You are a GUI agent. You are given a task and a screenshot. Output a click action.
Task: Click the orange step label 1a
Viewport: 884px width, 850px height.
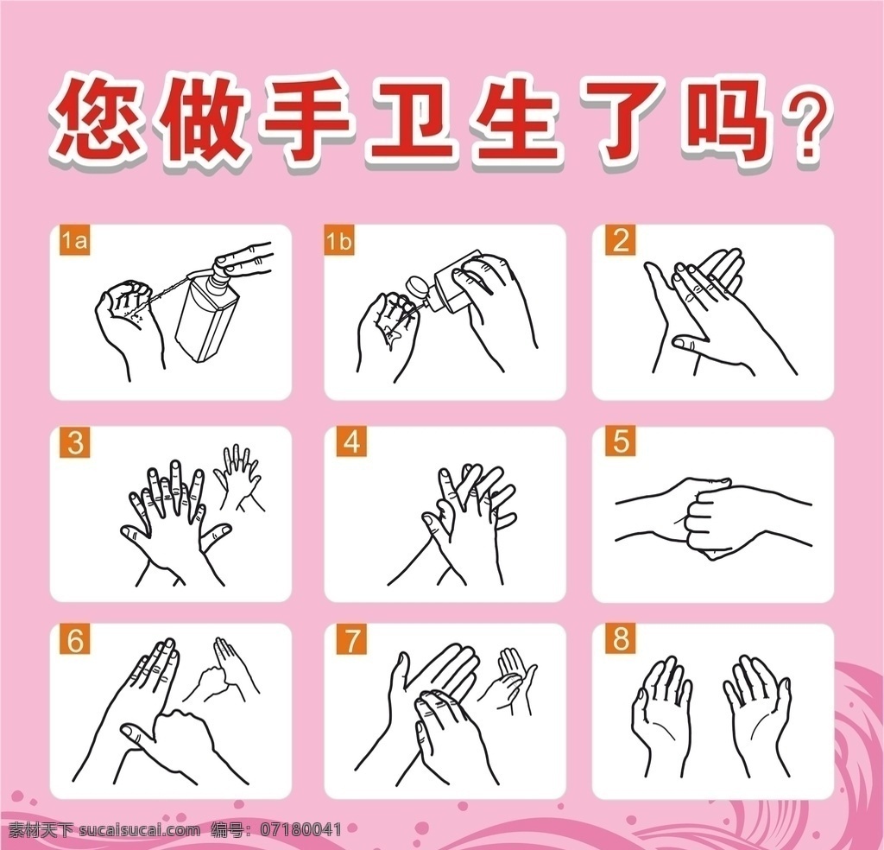point(75,241)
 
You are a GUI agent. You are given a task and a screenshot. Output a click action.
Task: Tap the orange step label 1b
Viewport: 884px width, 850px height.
point(338,241)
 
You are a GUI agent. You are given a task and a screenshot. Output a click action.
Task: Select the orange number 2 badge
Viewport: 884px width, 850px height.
point(620,241)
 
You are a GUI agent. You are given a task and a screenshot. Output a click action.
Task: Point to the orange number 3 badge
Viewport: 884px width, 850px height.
point(75,442)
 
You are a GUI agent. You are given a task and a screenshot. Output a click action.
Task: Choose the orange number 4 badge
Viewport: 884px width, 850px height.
point(351,441)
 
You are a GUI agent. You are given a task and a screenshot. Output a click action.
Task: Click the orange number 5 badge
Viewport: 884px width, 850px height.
point(620,441)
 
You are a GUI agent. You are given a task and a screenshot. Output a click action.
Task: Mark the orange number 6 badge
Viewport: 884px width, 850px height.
point(75,640)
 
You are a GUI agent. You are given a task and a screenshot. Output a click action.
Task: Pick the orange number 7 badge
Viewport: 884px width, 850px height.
point(351,640)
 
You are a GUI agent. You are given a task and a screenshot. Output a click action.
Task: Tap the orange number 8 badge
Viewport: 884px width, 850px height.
point(620,639)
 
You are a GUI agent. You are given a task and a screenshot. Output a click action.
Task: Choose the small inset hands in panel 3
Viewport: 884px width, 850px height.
point(240,479)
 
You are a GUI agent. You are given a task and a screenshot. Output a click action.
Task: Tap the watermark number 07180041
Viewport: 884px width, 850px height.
point(300,829)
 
